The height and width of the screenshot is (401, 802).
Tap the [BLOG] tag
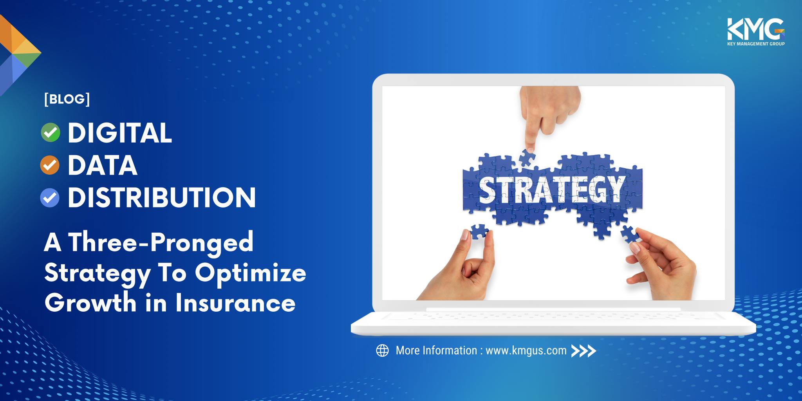coord(67,99)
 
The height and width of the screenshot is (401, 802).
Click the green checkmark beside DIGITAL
coord(51,133)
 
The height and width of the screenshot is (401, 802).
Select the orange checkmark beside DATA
coord(50,166)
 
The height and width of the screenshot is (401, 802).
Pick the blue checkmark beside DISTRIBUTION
coord(50,198)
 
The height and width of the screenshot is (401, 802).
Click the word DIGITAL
coord(120,133)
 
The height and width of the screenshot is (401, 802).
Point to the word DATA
coord(103,166)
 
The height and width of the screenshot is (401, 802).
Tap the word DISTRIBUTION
coord(162,198)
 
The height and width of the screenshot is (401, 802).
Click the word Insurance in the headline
coord(235,303)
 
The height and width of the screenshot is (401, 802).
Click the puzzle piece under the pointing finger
coord(527,157)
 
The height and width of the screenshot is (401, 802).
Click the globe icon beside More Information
coord(382,350)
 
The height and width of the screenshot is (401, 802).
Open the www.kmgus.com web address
coord(526,350)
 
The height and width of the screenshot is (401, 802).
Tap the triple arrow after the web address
coord(583,351)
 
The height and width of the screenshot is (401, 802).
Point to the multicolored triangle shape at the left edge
coord(18,53)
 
